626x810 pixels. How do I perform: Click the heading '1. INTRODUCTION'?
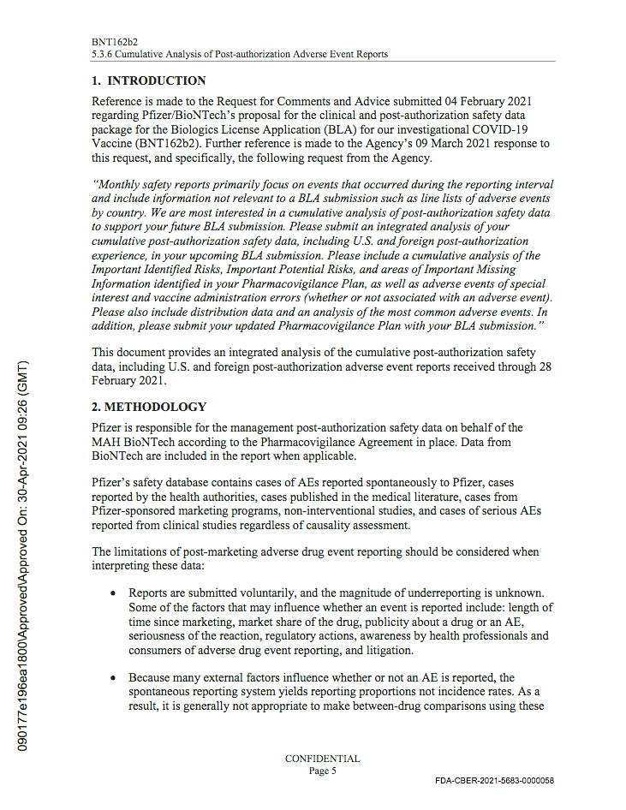(149, 81)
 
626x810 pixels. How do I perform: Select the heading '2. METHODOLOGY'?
(149, 407)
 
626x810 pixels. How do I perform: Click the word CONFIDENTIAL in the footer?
(322, 759)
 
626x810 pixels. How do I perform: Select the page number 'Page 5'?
(322, 771)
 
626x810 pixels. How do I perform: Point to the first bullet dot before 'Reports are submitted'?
(113, 593)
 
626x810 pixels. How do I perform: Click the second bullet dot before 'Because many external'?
(113, 677)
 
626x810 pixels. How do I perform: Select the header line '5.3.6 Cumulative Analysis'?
(240, 54)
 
